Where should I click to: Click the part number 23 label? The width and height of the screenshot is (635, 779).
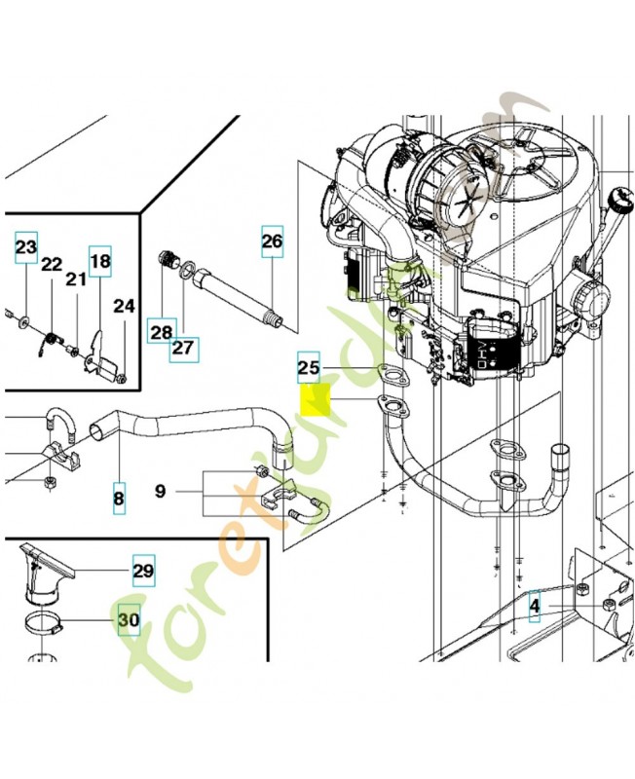[25, 247]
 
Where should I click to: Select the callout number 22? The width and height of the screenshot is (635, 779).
[52, 264]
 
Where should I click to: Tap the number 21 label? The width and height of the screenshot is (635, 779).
[76, 279]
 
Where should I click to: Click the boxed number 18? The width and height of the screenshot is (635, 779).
[100, 261]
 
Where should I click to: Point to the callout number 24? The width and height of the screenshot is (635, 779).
[124, 306]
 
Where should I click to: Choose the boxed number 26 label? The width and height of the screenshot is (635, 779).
[272, 240]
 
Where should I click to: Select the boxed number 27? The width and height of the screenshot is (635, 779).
[184, 347]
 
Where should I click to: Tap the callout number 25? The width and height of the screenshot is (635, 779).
[308, 368]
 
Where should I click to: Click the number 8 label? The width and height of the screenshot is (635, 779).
[119, 499]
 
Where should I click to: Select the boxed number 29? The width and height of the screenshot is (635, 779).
[143, 571]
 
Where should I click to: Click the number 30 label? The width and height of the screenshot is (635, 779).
[129, 619]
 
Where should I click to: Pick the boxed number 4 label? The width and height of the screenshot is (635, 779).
[535, 609]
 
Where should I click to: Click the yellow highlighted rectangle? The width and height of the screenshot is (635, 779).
[317, 401]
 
